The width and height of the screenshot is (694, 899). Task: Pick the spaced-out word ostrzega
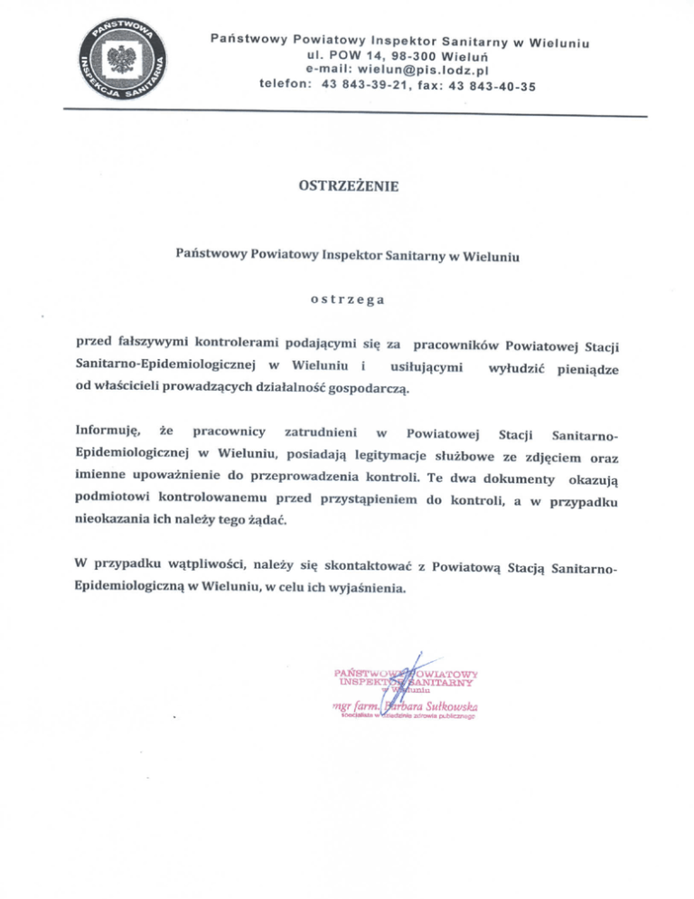346,298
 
